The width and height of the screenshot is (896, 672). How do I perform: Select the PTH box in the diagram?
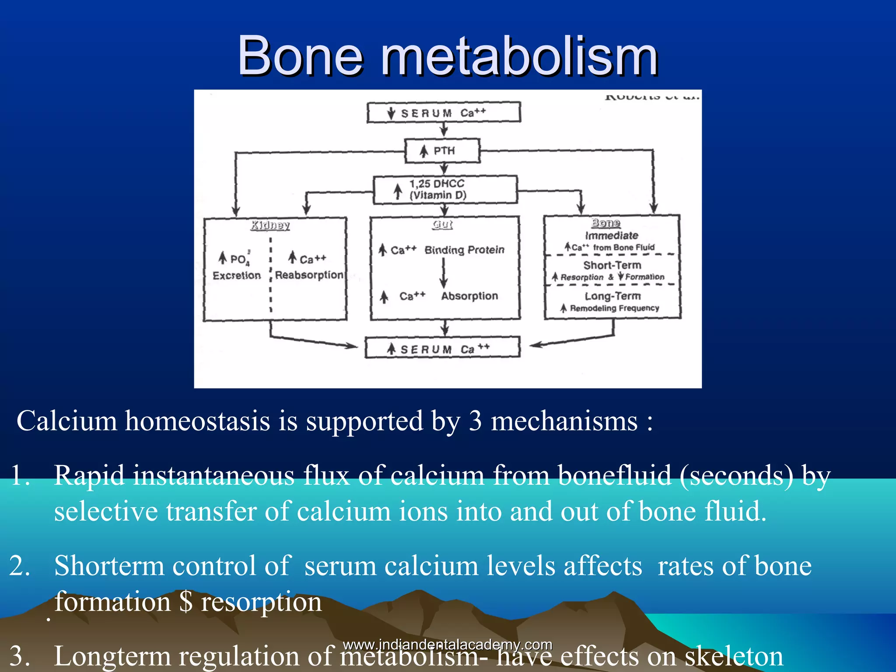coord(442,151)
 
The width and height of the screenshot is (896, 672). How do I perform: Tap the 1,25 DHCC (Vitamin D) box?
coord(445,189)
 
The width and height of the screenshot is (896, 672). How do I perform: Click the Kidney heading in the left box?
coord(270,225)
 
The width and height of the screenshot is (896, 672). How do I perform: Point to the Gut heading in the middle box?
coord(442,224)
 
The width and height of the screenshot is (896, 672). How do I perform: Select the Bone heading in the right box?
coord(606,223)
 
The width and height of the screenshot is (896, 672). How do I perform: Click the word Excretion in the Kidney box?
coord(237,276)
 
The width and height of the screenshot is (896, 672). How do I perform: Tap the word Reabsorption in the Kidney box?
coord(309,275)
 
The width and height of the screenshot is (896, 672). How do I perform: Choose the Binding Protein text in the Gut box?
coord(464,250)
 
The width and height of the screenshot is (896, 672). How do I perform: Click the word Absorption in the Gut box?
coord(469,296)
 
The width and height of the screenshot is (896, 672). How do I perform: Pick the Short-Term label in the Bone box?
coord(612,265)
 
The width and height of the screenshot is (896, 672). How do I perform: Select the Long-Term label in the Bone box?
coord(612,296)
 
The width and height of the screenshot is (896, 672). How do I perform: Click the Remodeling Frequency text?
coord(614,308)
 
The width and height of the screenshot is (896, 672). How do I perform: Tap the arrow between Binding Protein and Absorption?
coord(444,273)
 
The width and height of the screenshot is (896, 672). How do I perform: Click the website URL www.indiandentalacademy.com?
coord(448,645)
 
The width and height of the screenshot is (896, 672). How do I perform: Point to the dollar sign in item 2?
coord(186,602)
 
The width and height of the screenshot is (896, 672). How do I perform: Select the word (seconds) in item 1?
coord(736,475)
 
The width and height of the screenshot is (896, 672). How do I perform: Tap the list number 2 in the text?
coord(20,566)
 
